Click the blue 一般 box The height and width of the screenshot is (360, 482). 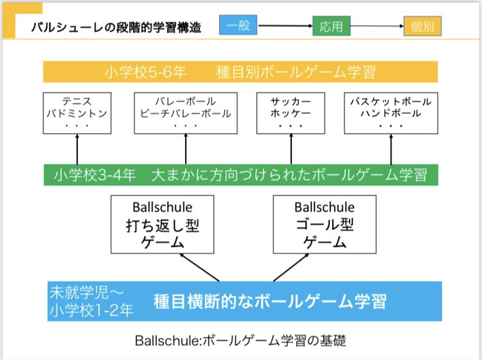point(238,26)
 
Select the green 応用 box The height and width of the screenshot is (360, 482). point(332,27)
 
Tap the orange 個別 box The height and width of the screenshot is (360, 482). point(422,27)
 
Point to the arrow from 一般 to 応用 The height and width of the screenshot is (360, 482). point(285,26)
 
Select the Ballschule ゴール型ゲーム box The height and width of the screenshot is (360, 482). point(315,224)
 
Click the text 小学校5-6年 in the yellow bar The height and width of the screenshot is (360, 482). point(145,72)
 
